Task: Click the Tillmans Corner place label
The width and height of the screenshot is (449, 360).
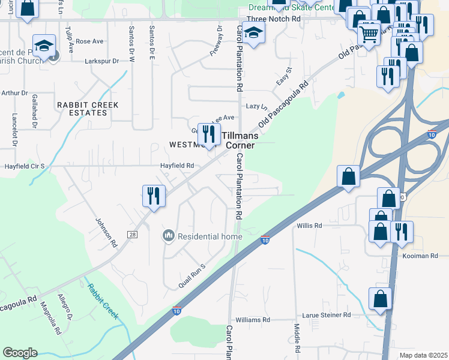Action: coord(239,140)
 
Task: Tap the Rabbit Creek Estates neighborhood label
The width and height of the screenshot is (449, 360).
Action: coord(88,109)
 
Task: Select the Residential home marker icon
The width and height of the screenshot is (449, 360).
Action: coord(169,236)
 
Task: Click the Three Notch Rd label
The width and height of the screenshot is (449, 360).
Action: coord(276,19)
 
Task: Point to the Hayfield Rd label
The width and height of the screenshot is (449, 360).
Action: coord(176,166)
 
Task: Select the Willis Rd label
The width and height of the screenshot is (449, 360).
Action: coord(310,226)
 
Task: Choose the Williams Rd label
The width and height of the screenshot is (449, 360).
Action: coord(253,320)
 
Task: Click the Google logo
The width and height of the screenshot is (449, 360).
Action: coord(20,353)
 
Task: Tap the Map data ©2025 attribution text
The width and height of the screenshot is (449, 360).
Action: coord(424,355)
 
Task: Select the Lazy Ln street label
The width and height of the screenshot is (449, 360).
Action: coord(256,106)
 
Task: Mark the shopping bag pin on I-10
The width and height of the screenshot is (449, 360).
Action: coord(349,176)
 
